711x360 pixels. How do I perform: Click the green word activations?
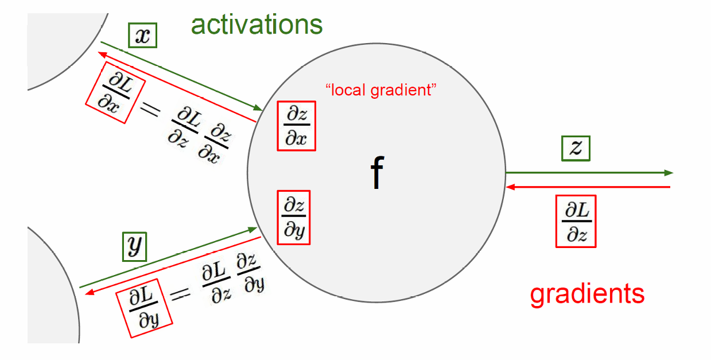click(x=257, y=25)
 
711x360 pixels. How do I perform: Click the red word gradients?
click(x=587, y=294)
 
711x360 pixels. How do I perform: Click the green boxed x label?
click(x=142, y=36)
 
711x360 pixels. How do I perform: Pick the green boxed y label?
click(x=135, y=246)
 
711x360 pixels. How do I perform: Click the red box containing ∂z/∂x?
click(x=296, y=126)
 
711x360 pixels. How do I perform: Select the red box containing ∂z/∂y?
click(x=294, y=217)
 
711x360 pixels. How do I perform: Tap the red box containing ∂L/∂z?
click(x=576, y=221)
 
